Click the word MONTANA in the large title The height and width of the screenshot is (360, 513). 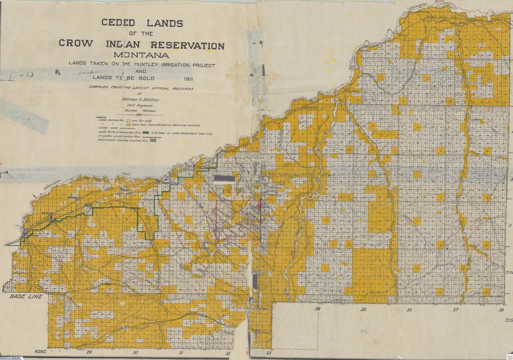141,55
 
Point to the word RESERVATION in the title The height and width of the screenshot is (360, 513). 186,45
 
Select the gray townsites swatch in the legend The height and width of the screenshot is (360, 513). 153,140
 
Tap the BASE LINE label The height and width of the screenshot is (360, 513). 25,296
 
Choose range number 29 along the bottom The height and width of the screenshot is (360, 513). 89,352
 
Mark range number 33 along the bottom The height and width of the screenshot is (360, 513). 268,353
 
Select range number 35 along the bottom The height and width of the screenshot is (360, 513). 363,310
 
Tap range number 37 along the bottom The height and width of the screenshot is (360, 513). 455,310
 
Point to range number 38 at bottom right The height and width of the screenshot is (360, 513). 501,310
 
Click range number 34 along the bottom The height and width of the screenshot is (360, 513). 318,309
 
